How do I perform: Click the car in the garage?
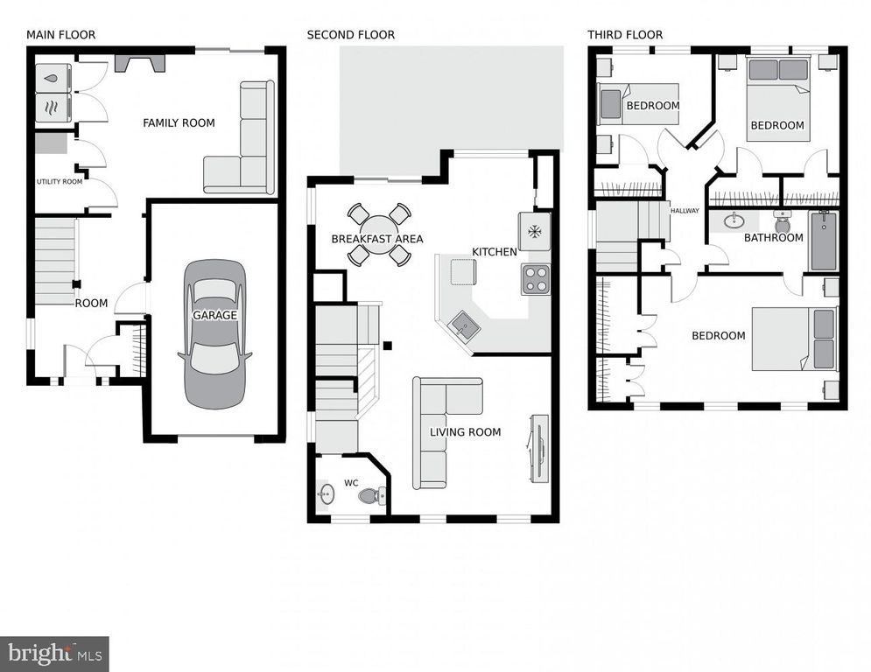[214, 333]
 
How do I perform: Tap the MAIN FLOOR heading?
[60, 35]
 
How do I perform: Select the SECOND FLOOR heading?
[350, 35]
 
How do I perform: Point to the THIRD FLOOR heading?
[625, 35]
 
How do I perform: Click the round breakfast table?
[378, 234]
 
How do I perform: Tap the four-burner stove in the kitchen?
[535, 279]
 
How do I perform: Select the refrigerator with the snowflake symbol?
[534, 231]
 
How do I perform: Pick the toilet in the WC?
[371, 496]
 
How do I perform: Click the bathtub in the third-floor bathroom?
[823, 241]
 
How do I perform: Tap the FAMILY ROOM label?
[179, 123]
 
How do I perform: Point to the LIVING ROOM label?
[465, 432]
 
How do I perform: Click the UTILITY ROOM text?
[60, 182]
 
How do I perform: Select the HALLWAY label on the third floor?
[685, 211]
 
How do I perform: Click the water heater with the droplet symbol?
[52, 78]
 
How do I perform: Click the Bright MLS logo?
[54, 653]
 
